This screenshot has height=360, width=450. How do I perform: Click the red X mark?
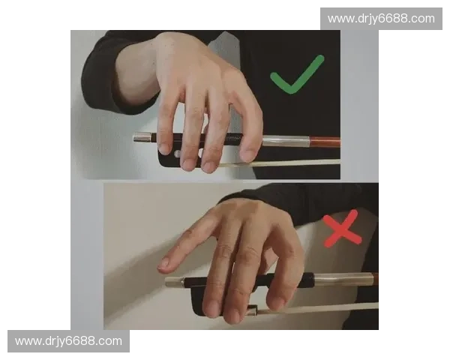point(342,229)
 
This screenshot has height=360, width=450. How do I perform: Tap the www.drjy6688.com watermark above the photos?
point(380,18)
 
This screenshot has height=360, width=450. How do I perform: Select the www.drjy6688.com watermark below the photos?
point(68,341)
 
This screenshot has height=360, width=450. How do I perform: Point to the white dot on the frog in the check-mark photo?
point(176,152)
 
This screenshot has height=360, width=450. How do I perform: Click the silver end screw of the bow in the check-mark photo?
point(142,137)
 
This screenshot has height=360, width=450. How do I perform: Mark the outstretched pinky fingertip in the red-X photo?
point(163,265)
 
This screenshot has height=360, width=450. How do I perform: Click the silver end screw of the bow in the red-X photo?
point(174,282)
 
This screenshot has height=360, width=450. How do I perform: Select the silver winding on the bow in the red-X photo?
point(341,280)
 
